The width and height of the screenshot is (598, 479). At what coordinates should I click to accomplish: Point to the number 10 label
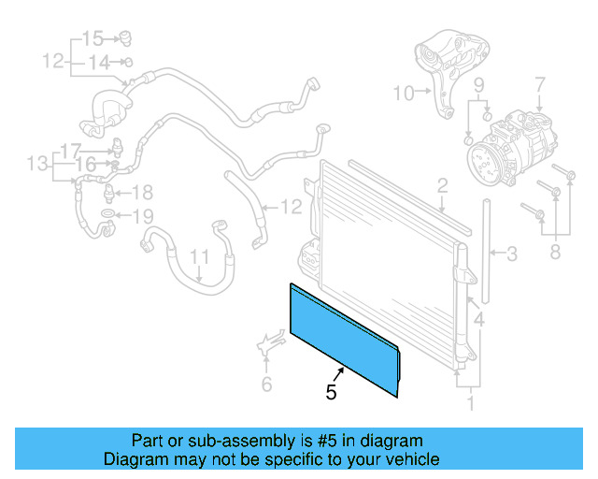tap(403, 93)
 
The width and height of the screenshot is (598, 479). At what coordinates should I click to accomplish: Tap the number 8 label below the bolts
tap(555, 250)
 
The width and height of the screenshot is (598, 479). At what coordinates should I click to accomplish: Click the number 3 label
tap(511, 253)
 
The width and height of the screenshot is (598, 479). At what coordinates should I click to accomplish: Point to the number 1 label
tap(471, 404)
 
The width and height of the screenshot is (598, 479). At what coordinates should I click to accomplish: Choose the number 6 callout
tap(266, 384)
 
